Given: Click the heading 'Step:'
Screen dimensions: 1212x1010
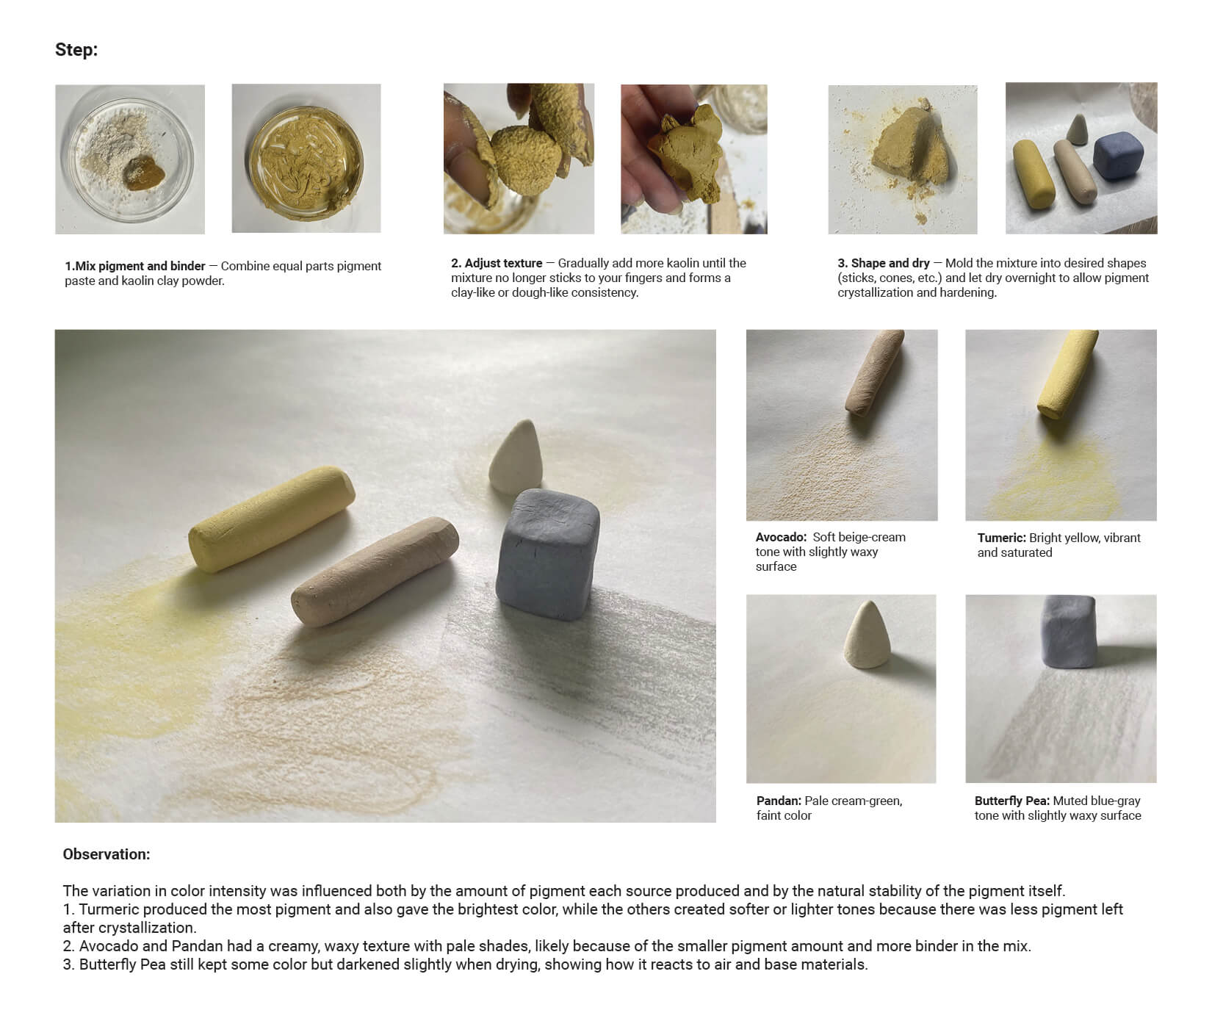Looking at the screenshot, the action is click(x=76, y=50).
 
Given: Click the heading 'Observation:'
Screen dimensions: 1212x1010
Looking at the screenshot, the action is click(x=107, y=854).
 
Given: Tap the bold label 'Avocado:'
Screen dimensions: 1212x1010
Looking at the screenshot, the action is click(x=781, y=538).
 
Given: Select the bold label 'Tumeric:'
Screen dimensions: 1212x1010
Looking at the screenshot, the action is click(x=1001, y=538).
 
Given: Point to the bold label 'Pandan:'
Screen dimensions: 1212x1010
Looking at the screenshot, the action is click(x=779, y=801).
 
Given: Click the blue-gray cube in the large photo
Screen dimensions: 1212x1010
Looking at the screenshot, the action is click(x=549, y=555).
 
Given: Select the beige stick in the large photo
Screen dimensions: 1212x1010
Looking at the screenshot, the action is click(x=375, y=571).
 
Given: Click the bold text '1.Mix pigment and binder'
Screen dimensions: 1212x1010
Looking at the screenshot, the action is click(x=135, y=266).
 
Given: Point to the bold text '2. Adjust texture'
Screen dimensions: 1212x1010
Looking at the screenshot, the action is click(x=497, y=263).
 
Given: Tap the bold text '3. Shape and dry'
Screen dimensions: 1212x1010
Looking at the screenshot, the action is click(x=884, y=263).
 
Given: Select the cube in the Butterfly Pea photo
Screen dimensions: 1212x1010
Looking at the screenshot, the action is click(x=1069, y=632).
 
